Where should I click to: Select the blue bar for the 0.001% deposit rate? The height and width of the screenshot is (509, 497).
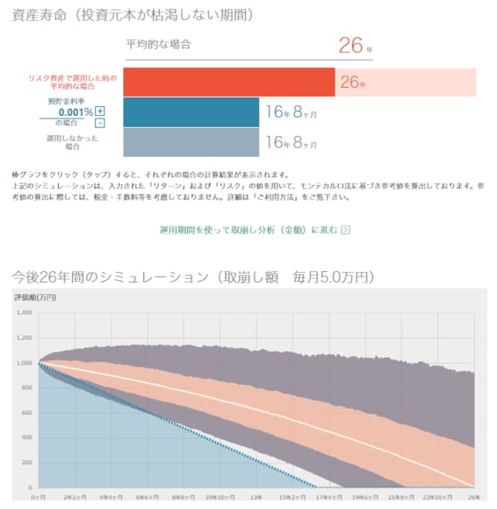[191, 111]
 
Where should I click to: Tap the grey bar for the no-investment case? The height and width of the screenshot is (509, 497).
[191, 142]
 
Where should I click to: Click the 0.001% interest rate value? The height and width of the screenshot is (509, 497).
[75, 113]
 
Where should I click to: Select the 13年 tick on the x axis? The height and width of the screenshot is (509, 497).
[256, 497]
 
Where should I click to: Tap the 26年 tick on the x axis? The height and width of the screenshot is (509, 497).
[473, 497]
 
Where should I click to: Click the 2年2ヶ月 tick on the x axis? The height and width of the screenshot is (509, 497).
[75, 497]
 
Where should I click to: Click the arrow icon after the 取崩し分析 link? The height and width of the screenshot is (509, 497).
[345, 230]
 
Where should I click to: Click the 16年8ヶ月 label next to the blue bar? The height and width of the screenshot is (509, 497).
[290, 111]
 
